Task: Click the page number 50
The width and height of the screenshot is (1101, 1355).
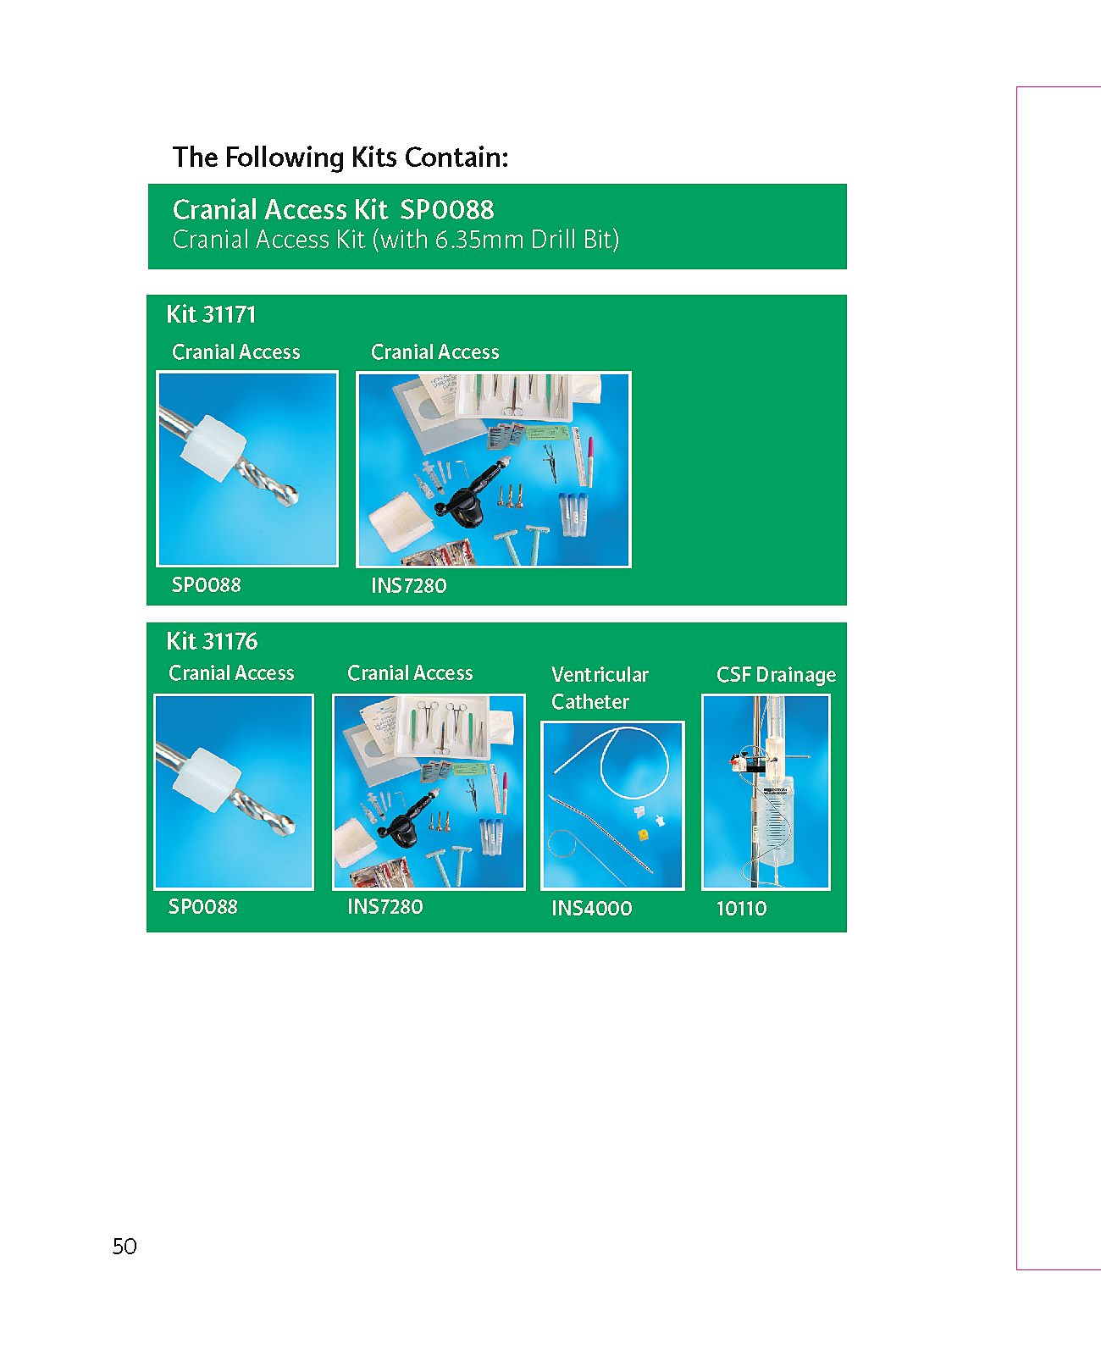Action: click(x=124, y=1246)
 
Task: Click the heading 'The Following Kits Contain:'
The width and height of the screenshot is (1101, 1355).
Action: click(x=340, y=158)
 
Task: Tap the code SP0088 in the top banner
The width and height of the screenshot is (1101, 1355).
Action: click(x=446, y=209)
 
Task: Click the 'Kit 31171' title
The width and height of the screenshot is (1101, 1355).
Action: click(x=211, y=314)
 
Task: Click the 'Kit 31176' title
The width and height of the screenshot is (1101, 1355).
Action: click(x=212, y=640)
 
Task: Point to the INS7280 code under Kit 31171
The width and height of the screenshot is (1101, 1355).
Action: click(x=408, y=585)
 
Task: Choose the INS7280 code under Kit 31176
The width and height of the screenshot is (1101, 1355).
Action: click(x=385, y=906)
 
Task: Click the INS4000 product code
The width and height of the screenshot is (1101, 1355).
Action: click(x=591, y=908)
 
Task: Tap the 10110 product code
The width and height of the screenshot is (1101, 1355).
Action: click(x=741, y=908)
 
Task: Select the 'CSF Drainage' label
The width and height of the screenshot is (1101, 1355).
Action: click(x=776, y=674)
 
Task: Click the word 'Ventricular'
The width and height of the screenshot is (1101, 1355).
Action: click(x=600, y=674)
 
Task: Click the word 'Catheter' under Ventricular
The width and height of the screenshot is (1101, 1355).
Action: click(x=589, y=702)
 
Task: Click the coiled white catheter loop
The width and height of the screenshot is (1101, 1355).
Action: click(x=635, y=763)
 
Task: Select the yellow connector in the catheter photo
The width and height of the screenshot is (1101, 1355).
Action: click(x=643, y=835)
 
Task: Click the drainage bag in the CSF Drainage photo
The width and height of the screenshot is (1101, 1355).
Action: click(x=772, y=821)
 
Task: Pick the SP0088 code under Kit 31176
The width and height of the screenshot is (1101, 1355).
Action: click(x=203, y=906)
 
